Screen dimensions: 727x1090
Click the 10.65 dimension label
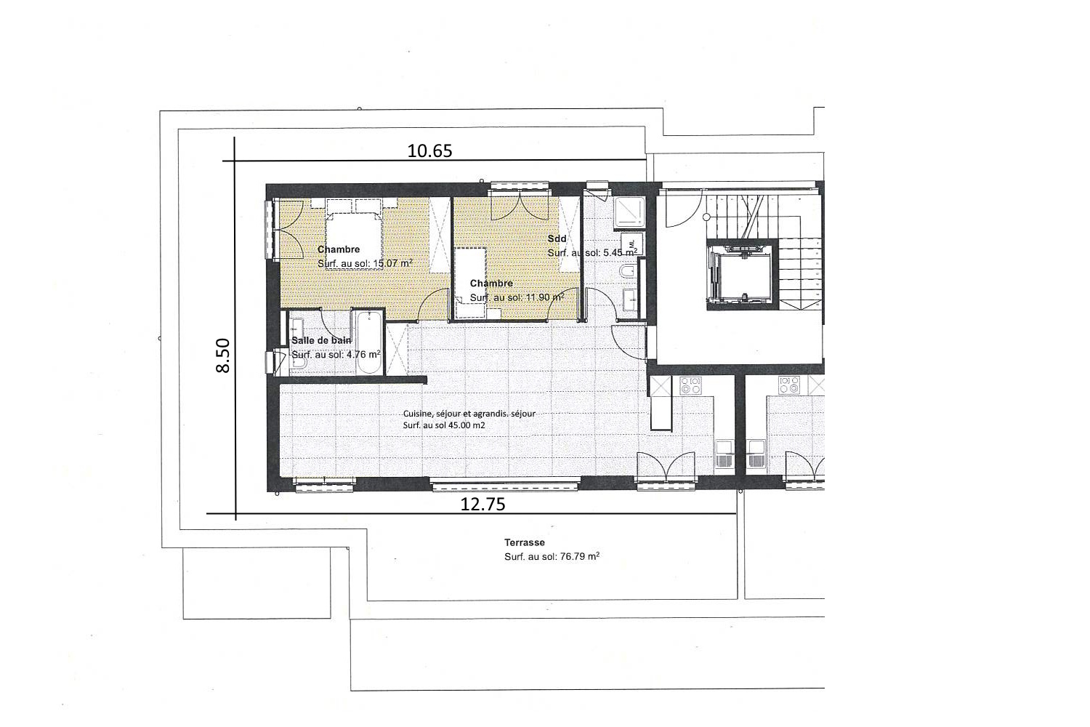[429, 150]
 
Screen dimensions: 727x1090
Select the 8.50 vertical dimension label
[222, 356]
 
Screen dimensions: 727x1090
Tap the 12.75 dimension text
[483, 504]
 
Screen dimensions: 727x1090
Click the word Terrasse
[525, 542]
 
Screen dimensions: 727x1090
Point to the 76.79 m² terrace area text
[552, 557]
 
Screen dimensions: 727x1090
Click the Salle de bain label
[321, 340]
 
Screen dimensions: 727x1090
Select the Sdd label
[557, 238]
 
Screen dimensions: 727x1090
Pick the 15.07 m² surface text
[366, 263]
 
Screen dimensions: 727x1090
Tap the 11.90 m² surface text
[517, 297]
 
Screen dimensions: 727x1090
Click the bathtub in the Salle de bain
[367, 342]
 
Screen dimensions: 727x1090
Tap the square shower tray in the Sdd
[629, 212]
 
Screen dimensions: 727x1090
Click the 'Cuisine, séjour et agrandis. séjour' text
[469, 414]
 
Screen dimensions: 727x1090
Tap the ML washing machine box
[631, 244]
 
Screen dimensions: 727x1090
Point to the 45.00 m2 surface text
[444, 425]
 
